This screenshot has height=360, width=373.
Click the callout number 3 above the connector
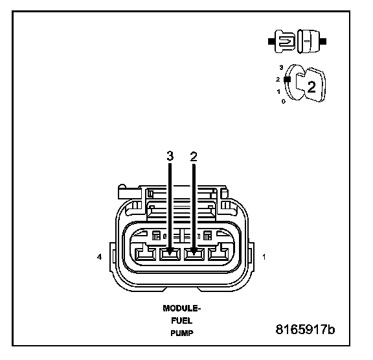coord(170,156)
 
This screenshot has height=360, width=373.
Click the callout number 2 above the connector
coord(194,157)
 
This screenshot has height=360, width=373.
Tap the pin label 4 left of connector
coord(100,257)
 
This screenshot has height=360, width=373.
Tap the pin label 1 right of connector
coord(264,257)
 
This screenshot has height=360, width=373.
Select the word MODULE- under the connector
coord(182,308)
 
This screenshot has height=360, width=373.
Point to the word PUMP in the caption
coord(182,333)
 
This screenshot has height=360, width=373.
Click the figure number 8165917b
coord(305,330)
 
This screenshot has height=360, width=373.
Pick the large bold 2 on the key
coord(311,87)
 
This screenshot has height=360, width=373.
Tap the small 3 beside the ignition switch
coord(282,67)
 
